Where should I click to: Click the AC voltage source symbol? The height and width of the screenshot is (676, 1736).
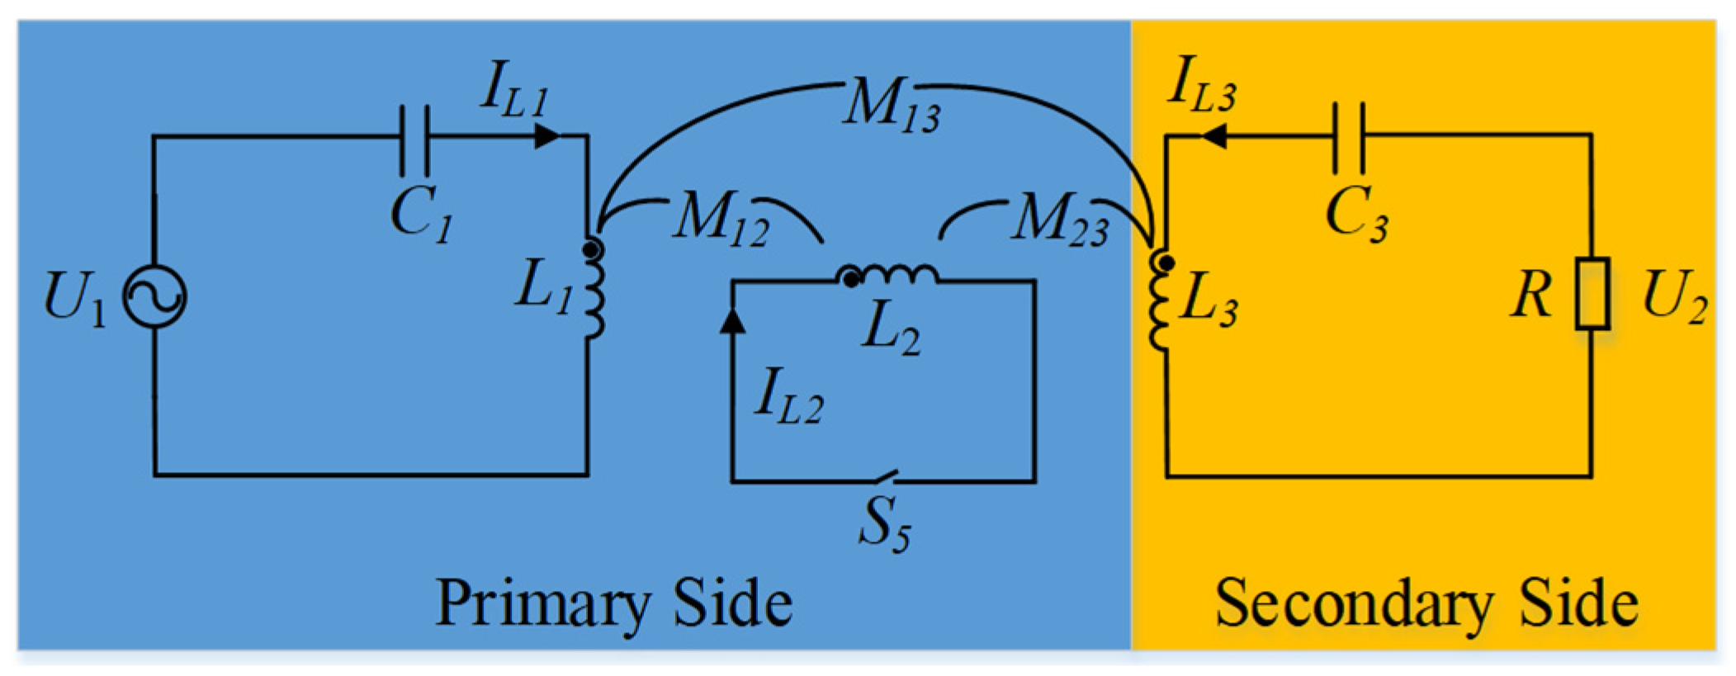[x=154, y=296]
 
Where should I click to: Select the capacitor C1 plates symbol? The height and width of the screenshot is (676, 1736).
[x=414, y=138]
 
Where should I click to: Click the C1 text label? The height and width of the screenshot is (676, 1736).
[x=421, y=216]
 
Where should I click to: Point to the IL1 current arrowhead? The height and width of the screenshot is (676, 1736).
[x=546, y=136]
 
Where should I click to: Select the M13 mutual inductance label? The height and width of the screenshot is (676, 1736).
[x=891, y=105]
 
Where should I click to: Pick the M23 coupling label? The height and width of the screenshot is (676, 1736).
[x=1060, y=221]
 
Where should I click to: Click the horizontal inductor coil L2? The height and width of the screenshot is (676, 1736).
[x=890, y=275]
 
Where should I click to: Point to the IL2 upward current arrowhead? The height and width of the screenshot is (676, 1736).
[x=732, y=322]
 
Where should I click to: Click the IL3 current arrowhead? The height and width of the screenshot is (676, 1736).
[x=1212, y=137]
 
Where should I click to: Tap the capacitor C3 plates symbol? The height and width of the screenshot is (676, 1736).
[x=1348, y=138]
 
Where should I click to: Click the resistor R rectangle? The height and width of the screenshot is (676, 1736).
[x=1592, y=294]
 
